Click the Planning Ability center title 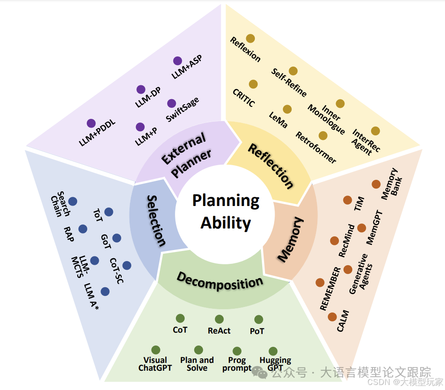[x=225, y=212]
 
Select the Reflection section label [x=271, y=166]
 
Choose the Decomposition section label [x=220, y=281]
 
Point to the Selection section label [x=156, y=220]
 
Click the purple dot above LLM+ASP [x=178, y=61]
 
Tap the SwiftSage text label [x=183, y=110]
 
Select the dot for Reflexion [x=250, y=39]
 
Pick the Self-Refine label [x=289, y=83]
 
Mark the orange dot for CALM [x=332, y=317]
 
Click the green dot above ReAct [x=219, y=319]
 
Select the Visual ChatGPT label [x=155, y=364]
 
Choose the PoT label [x=257, y=331]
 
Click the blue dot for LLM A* [x=105, y=291]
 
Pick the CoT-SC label [x=117, y=271]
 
